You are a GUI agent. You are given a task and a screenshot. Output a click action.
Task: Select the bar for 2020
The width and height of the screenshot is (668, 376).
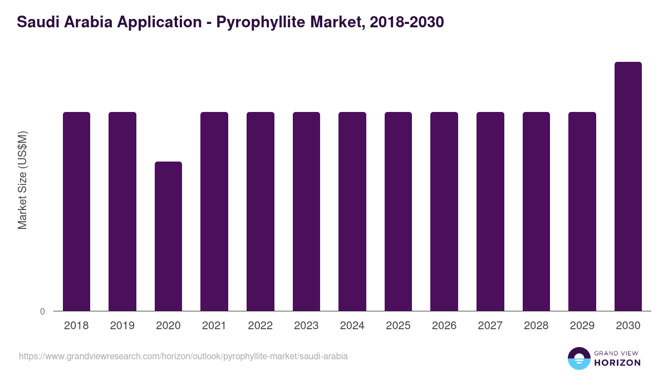click(168, 236)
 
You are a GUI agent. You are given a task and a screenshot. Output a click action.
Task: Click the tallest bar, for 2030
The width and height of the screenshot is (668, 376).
click(628, 186)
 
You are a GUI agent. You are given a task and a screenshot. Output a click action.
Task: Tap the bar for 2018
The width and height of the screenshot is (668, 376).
click(76, 211)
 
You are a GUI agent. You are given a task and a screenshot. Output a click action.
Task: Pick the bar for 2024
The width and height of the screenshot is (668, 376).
click(352, 211)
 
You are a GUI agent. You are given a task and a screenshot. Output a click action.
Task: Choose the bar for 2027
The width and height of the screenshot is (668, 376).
click(490, 211)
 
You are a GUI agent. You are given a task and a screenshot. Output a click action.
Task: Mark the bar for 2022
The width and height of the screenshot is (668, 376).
click(261, 211)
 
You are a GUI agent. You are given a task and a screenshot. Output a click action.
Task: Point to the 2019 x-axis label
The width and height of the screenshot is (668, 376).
click(122, 326)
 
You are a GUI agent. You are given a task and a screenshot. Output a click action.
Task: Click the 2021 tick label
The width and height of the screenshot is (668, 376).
click(214, 326)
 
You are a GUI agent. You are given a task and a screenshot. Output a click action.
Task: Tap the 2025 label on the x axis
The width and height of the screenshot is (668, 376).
click(398, 326)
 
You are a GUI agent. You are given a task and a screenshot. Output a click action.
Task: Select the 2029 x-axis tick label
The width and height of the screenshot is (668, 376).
click(582, 326)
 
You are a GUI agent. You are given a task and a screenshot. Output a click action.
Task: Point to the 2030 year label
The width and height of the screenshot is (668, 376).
click(628, 326)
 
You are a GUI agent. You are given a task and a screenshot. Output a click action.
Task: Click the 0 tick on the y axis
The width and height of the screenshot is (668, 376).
click(42, 311)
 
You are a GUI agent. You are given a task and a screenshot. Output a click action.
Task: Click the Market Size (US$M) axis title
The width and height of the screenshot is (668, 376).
click(22, 180)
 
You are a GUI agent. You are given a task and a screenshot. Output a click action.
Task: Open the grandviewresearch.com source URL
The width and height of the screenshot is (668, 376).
click(183, 356)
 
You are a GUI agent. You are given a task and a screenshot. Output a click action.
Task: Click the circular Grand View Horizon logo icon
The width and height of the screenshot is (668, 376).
click(579, 358)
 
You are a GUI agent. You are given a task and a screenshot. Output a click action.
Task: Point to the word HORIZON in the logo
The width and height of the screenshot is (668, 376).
click(618, 363)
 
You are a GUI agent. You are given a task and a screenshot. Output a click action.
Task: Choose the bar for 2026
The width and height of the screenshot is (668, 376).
click(444, 211)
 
